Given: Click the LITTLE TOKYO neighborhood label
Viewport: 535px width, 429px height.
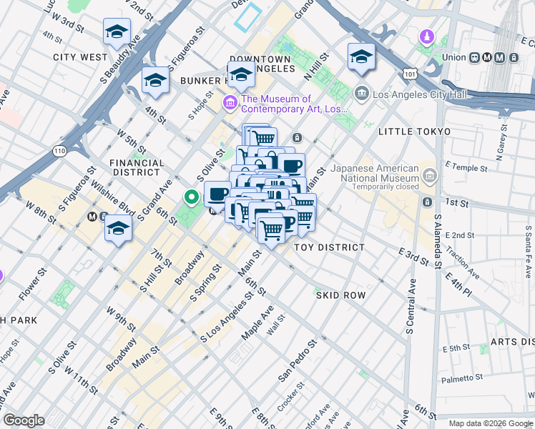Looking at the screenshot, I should [x=415, y=132].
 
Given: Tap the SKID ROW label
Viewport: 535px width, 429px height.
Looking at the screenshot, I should [x=340, y=295].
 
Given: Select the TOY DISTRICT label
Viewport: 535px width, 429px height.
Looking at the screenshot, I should [x=330, y=247].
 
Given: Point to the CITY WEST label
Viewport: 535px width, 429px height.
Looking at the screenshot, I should [x=80, y=56].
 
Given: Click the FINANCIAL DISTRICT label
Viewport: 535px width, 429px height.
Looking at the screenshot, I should [x=135, y=167].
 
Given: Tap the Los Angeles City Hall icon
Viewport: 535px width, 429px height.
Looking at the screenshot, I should [x=361, y=92].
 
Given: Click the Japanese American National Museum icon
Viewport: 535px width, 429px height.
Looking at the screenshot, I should [x=429, y=174].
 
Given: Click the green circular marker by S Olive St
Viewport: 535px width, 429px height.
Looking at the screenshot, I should [x=191, y=197].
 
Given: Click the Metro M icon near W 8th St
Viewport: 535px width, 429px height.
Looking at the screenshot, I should [x=92, y=216].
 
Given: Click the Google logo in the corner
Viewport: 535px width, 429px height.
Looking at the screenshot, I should [x=24, y=420].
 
